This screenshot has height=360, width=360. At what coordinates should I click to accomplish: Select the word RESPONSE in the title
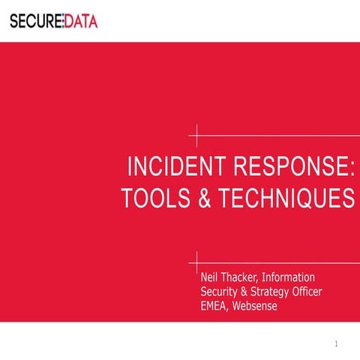[282, 166]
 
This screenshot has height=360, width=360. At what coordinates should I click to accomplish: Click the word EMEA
[214, 305]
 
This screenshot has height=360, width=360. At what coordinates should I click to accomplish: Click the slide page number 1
[337, 344]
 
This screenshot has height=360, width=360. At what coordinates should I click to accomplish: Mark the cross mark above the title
[197, 136]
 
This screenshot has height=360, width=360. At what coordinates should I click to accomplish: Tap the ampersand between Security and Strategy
[247, 291]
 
